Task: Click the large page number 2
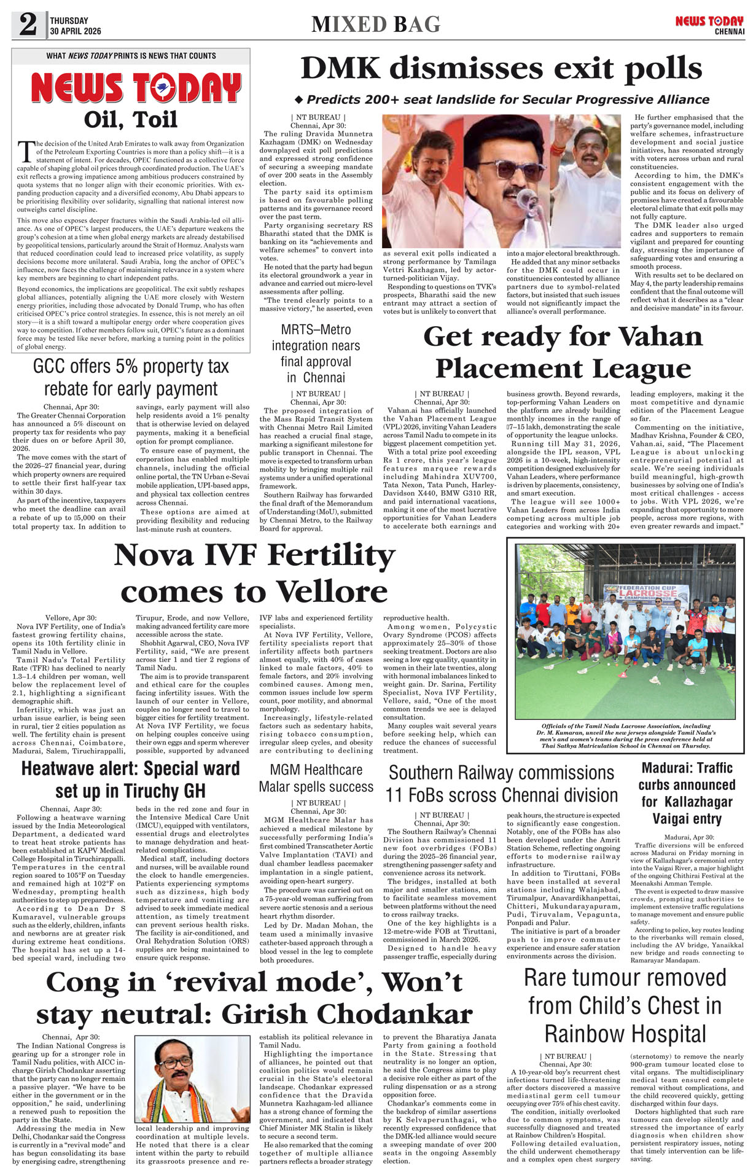click(x=28, y=25)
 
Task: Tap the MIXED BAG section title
click(x=376, y=24)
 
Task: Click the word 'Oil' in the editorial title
click(x=105, y=119)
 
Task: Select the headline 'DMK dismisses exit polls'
click(x=501, y=68)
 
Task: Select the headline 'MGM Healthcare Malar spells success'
click(x=316, y=778)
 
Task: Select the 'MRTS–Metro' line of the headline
click(x=316, y=330)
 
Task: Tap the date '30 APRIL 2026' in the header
click(x=76, y=31)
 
